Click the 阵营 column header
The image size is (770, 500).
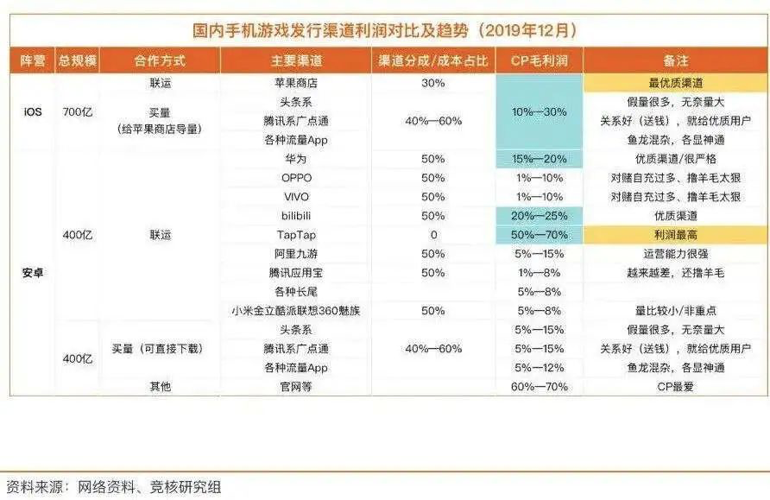coord(32,61)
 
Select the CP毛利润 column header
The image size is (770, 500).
coord(540,61)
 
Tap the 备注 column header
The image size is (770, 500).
coord(675,61)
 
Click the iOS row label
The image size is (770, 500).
coord(32,111)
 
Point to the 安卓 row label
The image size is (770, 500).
coord(32,272)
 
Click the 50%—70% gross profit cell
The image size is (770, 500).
coord(540,235)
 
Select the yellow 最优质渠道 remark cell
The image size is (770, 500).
coord(675,83)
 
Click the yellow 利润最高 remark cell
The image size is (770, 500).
coord(675,235)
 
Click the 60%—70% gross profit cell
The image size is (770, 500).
coord(540,387)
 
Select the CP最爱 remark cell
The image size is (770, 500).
coord(675,387)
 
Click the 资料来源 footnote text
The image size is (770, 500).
coord(113,487)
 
